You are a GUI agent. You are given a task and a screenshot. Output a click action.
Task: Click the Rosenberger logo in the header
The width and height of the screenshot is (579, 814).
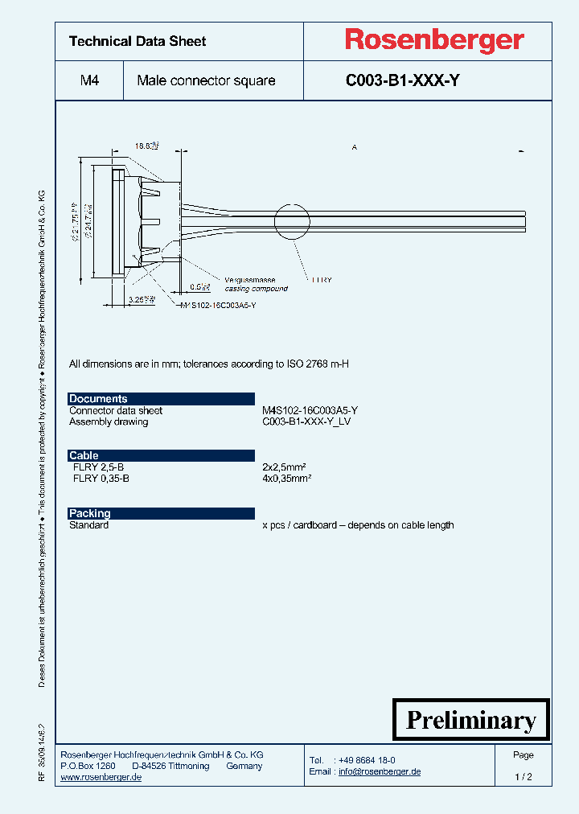pyautogui.click(x=434, y=40)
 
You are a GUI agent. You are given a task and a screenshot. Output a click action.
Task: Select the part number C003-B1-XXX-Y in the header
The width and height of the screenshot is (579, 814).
pyautogui.click(x=403, y=80)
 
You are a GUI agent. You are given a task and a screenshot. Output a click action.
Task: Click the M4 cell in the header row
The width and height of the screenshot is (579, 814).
pyautogui.click(x=89, y=80)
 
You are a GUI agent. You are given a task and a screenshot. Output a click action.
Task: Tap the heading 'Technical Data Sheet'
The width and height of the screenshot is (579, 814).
pyautogui.click(x=138, y=41)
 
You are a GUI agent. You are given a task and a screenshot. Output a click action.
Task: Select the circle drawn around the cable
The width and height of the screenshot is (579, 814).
pyautogui.click(x=291, y=222)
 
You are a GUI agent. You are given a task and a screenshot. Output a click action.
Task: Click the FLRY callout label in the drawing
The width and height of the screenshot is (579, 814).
pyautogui.click(x=320, y=280)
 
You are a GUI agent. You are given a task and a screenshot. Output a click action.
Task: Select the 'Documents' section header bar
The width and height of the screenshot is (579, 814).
pyautogui.click(x=161, y=398)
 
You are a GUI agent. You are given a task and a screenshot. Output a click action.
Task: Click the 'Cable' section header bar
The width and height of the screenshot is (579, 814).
pyautogui.click(x=161, y=455)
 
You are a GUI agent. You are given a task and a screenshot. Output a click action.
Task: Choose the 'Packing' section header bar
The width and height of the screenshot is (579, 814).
pyautogui.click(x=161, y=513)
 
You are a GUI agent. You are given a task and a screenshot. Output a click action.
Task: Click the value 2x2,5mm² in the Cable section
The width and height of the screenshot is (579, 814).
pyautogui.click(x=286, y=467)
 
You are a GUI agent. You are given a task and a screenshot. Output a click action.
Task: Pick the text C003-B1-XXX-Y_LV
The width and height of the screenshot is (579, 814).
pyautogui.click(x=306, y=421)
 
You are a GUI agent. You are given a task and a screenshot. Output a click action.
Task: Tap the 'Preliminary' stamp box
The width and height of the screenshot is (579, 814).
pyautogui.click(x=470, y=720)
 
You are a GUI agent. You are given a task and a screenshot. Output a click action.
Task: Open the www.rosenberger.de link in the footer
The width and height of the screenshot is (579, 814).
pyautogui.click(x=101, y=777)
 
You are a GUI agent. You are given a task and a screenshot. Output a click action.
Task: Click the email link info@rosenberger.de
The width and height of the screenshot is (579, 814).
pyautogui.click(x=379, y=771)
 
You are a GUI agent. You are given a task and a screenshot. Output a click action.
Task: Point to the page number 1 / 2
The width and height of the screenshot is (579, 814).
pyautogui.click(x=523, y=777)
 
